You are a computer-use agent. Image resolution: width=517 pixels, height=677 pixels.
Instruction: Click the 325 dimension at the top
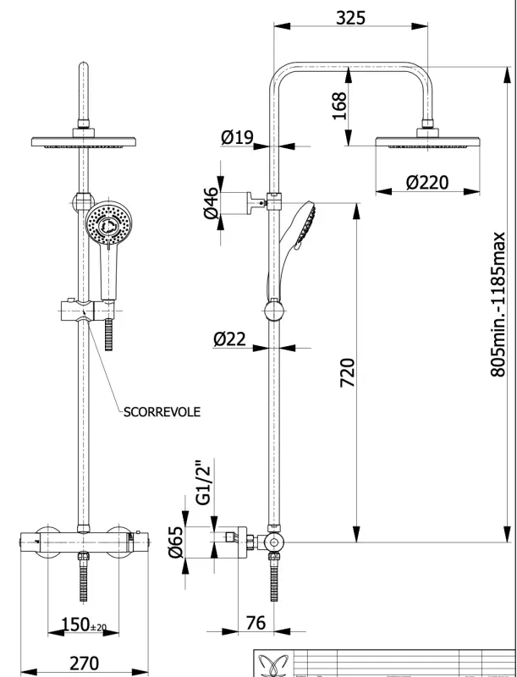[349, 17]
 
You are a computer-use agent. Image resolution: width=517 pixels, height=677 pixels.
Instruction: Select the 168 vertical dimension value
[340, 107]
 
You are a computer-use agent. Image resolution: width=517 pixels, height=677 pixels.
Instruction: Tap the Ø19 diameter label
[238, 138]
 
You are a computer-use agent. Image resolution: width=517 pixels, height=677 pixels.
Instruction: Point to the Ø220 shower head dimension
[427, 182]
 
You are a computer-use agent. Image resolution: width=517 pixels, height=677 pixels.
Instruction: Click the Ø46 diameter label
[211, 202]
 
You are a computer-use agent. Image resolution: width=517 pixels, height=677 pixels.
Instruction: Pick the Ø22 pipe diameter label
[229, 339]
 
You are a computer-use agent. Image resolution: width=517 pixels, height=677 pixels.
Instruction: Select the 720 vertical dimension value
[347, 373]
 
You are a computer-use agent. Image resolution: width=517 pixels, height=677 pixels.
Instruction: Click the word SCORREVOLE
[162, 412]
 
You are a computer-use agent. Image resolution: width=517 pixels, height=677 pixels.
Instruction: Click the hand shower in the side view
[298, 233]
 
